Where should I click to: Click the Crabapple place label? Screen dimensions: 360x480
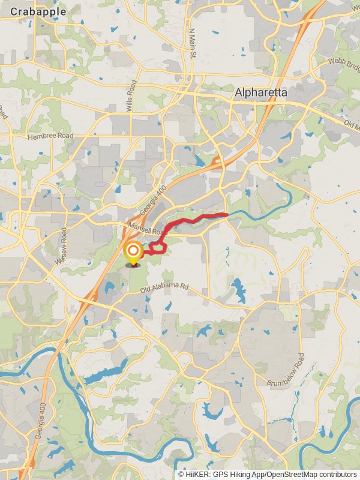click(x=38, y=11)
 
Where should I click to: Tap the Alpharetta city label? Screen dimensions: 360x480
click(x=261, y=93)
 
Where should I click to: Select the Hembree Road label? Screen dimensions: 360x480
click(x=50, y=136)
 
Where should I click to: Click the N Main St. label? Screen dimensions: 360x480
click(x=192, y=43)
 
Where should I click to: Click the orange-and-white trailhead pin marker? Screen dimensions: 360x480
click(x=133, y=253)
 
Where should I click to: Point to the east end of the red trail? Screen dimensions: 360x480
click(x=226, y=214)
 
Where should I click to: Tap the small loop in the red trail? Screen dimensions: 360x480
click(x=158, y=246)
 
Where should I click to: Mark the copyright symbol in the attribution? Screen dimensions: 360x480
click(x=181, y=474)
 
